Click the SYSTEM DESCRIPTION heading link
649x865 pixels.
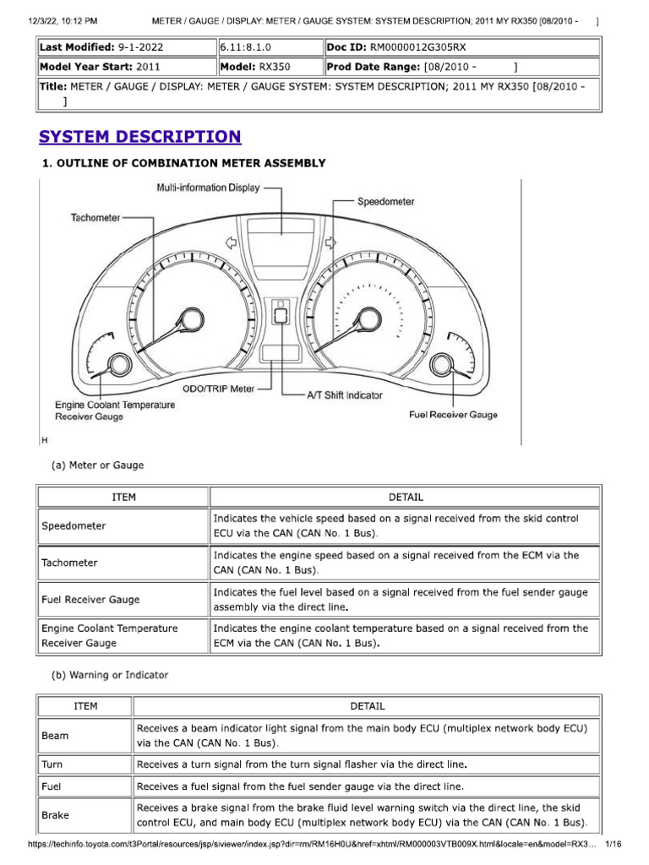click(139, 137)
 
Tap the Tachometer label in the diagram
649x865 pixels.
click(95, 217)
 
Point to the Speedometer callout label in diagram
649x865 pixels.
click(385, 202)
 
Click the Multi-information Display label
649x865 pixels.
click(208, 188)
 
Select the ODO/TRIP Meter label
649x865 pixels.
click(218, 389)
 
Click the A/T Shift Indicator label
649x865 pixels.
click(344, 394)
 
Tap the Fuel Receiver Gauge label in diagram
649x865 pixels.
click(453, 415)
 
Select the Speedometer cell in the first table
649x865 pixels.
click(74, 525)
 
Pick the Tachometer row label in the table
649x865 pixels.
click(69, 563)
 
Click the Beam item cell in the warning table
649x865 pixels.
click(56, 736)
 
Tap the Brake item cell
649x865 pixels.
click(56, 815)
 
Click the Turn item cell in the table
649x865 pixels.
click(52, 764)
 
